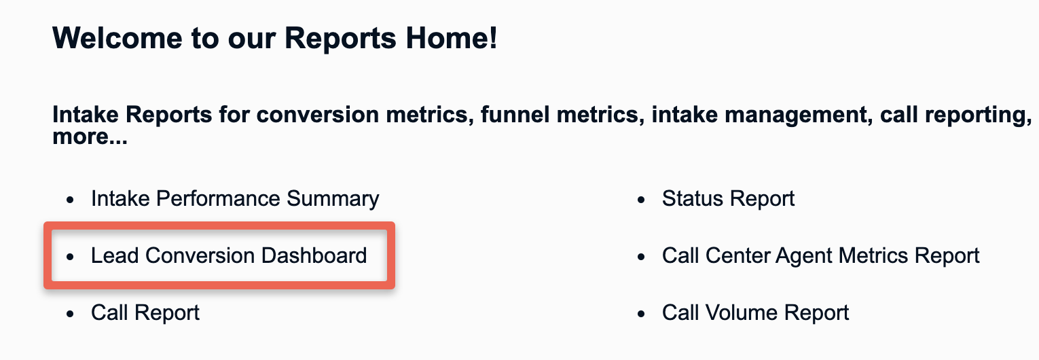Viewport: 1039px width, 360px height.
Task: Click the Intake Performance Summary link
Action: pos(235,199)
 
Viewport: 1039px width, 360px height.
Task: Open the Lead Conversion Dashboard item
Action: pos(229,255)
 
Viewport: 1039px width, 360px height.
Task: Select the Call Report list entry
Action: pos(145,313)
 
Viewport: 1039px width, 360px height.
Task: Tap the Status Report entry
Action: pos(728,199)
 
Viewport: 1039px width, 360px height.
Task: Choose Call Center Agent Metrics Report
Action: pos(820,256)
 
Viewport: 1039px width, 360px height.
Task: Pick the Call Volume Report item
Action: pos(755,313)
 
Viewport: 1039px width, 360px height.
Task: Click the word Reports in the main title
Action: pos(340,39)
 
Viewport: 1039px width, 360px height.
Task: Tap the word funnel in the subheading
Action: pos(514,115)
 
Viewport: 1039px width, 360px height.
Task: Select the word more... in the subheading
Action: pos(90,137)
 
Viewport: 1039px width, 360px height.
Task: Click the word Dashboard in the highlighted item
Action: pos(314,255)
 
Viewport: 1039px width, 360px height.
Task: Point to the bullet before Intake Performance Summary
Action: pos(70,200)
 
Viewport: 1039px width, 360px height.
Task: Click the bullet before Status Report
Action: pos(641,200)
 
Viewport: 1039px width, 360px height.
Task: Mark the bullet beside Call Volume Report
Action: pos(641,314)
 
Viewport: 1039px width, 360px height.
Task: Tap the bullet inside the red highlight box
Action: pos(70,257)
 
